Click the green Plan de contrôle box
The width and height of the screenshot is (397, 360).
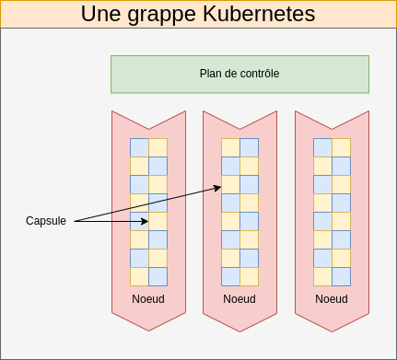(x=239, y=74)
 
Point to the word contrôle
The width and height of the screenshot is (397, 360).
(x=258, y=74)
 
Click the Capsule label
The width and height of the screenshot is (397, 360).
(x=46, y=221)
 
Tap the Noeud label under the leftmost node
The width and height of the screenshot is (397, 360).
(x=147, y=299)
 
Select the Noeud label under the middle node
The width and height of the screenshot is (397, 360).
(x=239, y=299)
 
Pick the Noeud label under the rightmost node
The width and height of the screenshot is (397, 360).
(x=332, y=299)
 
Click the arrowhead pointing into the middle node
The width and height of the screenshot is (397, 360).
(x=218, y=188)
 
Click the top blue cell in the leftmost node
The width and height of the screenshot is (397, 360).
(x=139, y=147)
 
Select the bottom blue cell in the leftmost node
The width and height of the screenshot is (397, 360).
(x=158, y=276)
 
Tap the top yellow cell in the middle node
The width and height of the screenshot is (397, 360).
(x=230, y=147)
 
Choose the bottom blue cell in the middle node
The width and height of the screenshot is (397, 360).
(x=230, y=276)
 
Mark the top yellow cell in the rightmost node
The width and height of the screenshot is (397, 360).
(x=341, y=147)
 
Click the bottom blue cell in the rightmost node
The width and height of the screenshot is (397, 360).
(x=341, y=276)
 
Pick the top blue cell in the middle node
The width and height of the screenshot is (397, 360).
(x=249, y=147)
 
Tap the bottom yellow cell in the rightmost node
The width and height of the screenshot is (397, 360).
(x=322, y=276)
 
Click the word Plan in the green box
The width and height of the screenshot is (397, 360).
(x=211, y=74)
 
